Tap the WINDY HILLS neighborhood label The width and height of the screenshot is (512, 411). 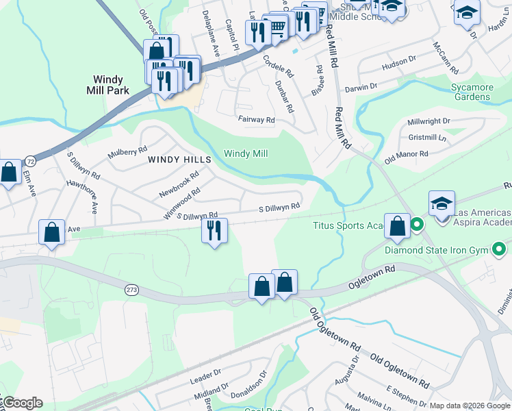[x=180, y=159]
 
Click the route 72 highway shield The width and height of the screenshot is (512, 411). [x=30, y=161]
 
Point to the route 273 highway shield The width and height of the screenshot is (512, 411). [x=132, y=290]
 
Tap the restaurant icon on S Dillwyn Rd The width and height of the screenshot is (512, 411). [x=214, y=231]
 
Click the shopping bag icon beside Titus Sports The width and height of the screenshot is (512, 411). [x=397, y=226]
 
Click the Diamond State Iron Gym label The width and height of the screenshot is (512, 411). [x=446, y=250]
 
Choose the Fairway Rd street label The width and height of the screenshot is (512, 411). [x=256, y=120]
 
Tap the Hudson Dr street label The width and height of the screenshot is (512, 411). [x=399, y=63]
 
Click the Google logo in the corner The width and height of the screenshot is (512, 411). [x=22, y=403]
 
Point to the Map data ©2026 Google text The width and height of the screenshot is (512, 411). [x=469, y=406]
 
